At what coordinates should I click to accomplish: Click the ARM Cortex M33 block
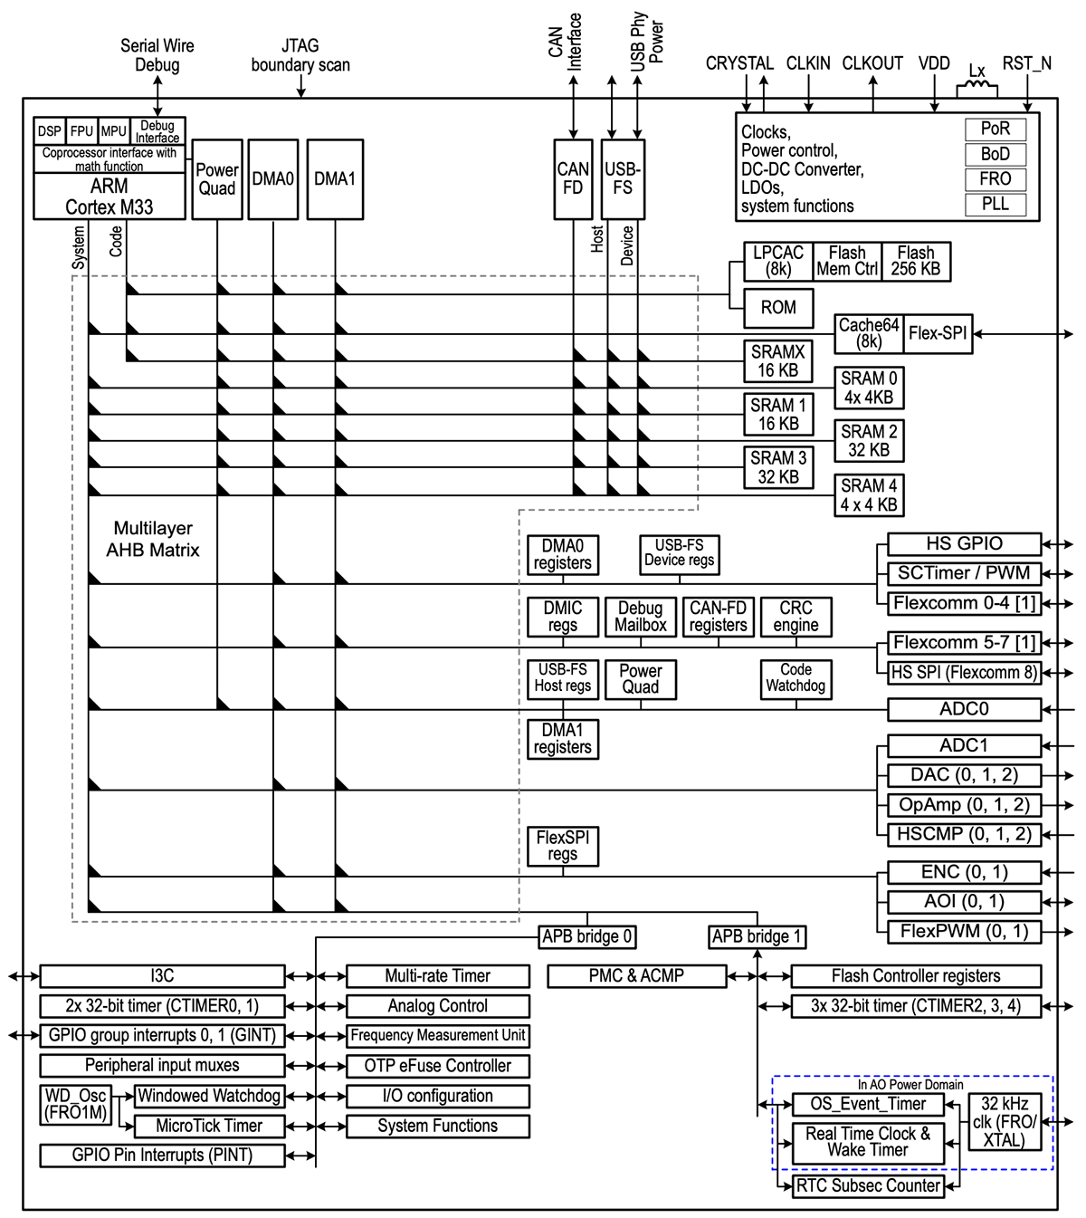(x=110, y=197)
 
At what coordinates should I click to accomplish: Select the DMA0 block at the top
(x=273, y=179)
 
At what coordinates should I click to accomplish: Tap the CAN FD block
(x=573, y=179)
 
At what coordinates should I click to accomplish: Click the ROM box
(x=778, y=308)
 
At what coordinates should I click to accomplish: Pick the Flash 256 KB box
(x=915, y=262)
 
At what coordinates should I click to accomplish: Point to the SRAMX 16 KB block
(x=778, y=361)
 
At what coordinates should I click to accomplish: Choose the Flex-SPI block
(x=938, y=333)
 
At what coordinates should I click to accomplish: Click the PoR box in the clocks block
(x=995, y=129)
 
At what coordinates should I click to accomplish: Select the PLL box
(x=995, y=205)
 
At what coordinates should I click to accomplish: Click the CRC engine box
(x=795, y=617)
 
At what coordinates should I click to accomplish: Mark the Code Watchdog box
(x=795, y=678)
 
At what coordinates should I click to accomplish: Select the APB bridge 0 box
(x=587, y=936)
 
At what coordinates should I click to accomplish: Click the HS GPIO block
(x=964, y=544)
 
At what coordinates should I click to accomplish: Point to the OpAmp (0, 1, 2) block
(x=964, y=805)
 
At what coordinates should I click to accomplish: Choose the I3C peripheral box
(x=162, y=976)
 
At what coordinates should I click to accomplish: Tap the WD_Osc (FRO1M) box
(x=76, y=1105)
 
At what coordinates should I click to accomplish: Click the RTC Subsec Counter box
(x=868, y=1186)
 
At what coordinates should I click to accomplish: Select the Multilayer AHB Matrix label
(x=153, y=539)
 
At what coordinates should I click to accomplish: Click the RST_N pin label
(x=1026, y=63)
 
